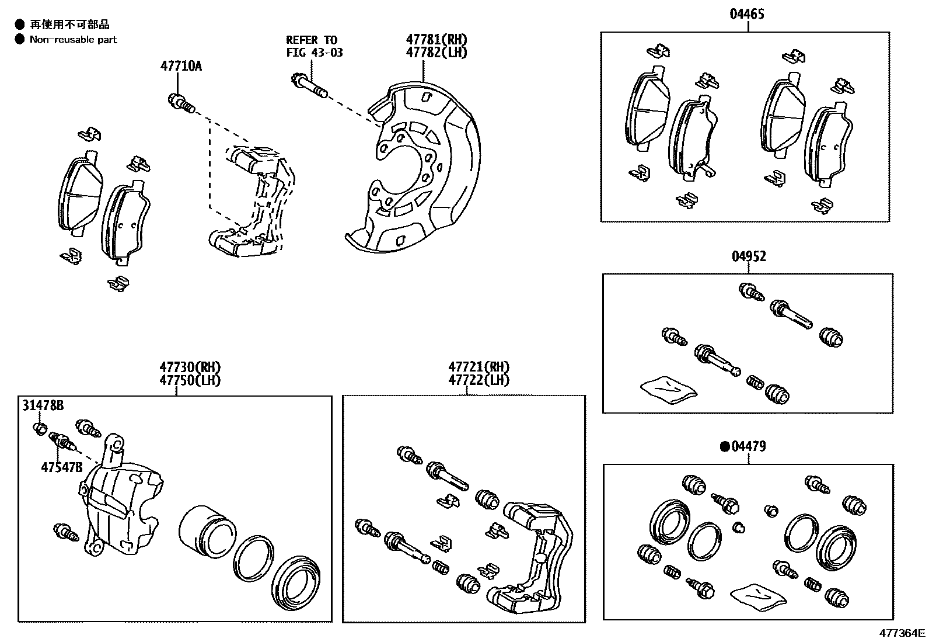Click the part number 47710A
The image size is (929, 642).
tap(181, 66)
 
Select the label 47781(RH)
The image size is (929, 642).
tap(436, 40)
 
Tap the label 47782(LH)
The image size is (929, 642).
tap(436, 52)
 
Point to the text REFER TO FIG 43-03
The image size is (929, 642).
tap(314, 46)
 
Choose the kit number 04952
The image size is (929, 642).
tap(749, 256)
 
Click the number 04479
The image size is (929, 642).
tap(753, 446)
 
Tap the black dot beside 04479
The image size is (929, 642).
tap(725, 447)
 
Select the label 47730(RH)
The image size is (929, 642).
tap(190, 367)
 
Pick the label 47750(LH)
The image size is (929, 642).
tap(190, 380)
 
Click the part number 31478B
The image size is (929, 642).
tap(43, 405)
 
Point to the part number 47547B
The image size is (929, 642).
tap(61, 467)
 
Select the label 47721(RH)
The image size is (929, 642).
tap(479, 367)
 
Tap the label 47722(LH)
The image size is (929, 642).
tap(479, 380)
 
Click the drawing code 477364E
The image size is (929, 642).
tap(903, 633)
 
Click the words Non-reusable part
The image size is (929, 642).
tap(74, 40)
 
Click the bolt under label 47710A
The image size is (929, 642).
tap(180, 103)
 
